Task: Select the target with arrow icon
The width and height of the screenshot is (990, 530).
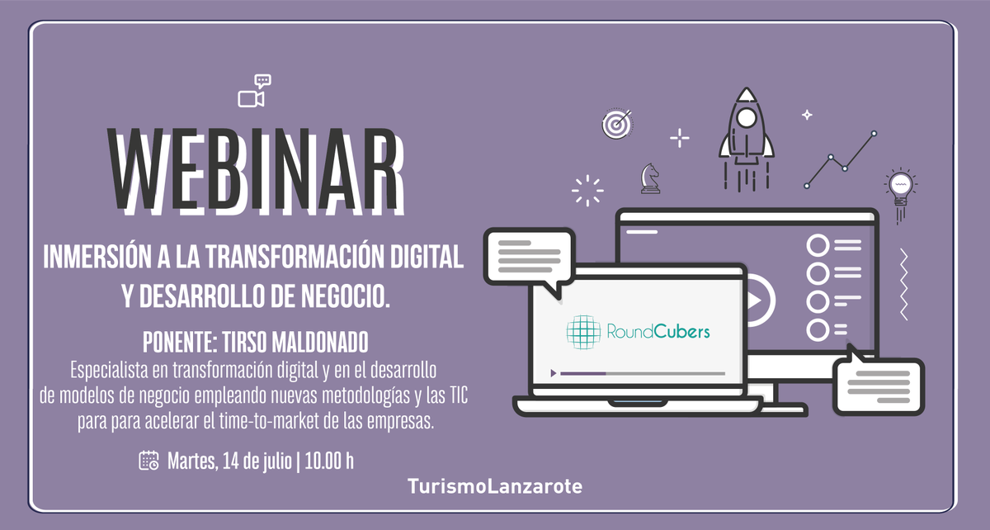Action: click(615, 125)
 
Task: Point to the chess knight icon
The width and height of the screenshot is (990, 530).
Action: click(650, 177)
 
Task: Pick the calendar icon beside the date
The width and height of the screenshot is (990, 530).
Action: click(148, 460)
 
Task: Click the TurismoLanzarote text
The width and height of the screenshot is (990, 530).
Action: click(495, 487)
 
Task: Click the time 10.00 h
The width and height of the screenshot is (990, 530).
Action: click(329, 461)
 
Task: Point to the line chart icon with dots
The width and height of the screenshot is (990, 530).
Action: click(840, 159)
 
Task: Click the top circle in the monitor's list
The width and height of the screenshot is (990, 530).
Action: click(818, 245)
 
